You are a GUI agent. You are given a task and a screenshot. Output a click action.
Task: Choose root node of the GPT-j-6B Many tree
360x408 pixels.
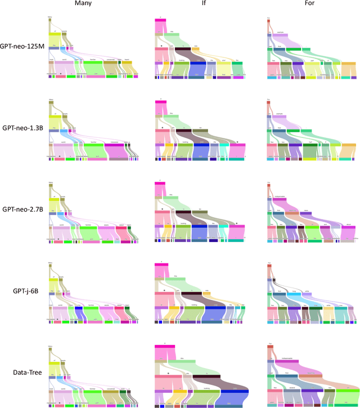pyautogui.click(x=50, y=264)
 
